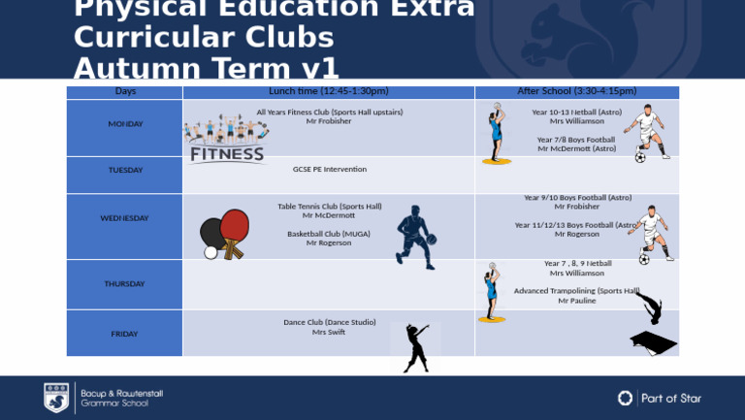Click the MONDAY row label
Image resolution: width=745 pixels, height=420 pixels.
(125, 124)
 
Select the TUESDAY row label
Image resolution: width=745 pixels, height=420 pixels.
(125, 170)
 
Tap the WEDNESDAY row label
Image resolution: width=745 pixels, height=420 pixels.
(124, 218)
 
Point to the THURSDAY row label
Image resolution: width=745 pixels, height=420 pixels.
(124, 284)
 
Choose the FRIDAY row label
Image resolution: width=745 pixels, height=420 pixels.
(124, 334)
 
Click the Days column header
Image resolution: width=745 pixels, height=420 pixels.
(125, 91)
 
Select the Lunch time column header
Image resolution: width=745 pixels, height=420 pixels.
(328, 91)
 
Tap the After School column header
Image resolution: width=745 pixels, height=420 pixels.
(576, 91)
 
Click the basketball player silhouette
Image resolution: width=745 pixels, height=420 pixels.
(415, 237)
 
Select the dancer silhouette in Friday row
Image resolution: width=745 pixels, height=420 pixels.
(416, 347)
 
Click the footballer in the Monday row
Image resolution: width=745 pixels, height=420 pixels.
(646, 132)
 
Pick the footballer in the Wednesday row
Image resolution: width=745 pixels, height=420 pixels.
(650, 234)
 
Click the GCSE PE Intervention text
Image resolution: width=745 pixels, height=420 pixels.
(330, 170)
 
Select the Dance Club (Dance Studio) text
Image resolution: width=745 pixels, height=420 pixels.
(329, 322)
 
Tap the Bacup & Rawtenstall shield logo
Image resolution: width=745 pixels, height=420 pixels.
(56, 397)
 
